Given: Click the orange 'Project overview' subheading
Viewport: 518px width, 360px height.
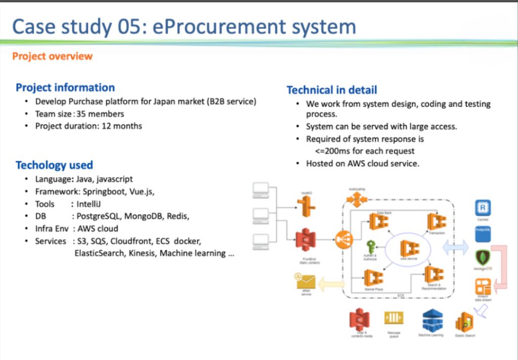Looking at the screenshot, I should point(52,56).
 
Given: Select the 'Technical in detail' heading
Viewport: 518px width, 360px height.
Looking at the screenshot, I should point(331,90).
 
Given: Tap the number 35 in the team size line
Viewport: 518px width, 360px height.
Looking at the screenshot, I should point(81,114).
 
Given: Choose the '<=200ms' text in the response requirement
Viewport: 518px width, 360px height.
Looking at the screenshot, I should point(332,151).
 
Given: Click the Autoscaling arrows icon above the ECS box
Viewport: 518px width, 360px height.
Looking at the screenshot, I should point(357,199).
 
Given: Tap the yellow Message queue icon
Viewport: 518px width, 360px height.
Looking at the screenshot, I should point(394,318).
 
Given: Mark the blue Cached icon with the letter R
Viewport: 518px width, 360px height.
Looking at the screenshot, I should point(483,208).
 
